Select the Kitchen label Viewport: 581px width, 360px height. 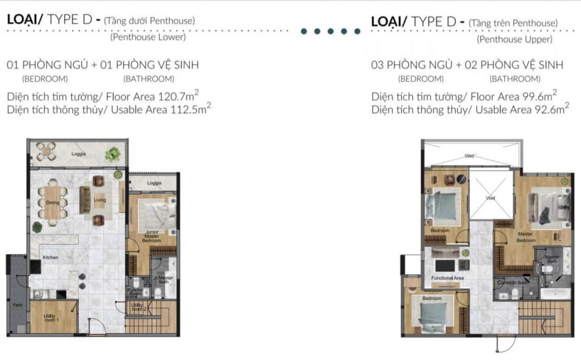coord(50,258)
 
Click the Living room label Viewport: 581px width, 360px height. coord(100,200)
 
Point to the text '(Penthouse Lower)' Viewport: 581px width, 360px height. coord(148,37)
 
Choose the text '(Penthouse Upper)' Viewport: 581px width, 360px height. coord(515,40)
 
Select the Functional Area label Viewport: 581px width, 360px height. coord(448,278)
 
